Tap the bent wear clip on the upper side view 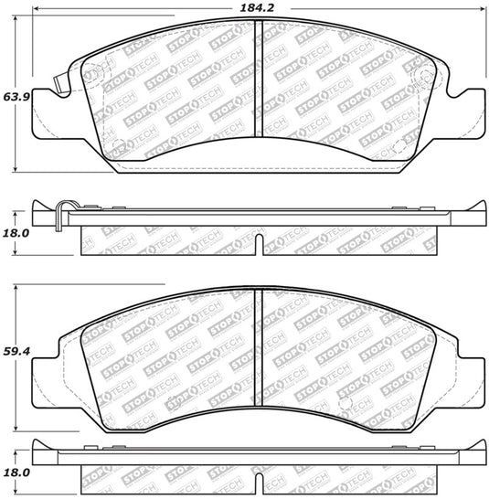coord(58,215)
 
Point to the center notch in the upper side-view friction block coord(258,243)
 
